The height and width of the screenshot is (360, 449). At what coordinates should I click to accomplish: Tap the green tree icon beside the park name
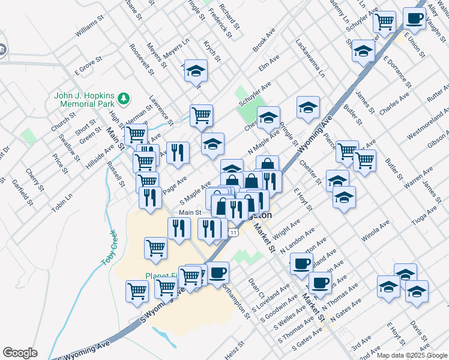coord(124,97)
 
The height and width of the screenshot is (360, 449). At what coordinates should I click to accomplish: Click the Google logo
coord(20,353)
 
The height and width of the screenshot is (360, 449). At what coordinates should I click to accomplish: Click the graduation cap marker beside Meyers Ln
coord(196,71)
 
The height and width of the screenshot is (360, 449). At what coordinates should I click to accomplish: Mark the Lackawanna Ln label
coord(310,59)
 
